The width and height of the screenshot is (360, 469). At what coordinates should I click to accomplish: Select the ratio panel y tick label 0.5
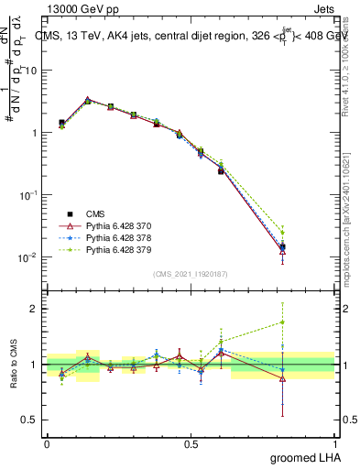(x=29, y=420)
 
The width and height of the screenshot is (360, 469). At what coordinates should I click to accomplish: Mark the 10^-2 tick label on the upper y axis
(x=27, y=257)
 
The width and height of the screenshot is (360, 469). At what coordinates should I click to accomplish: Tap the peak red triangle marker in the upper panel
(x=88, y=100)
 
